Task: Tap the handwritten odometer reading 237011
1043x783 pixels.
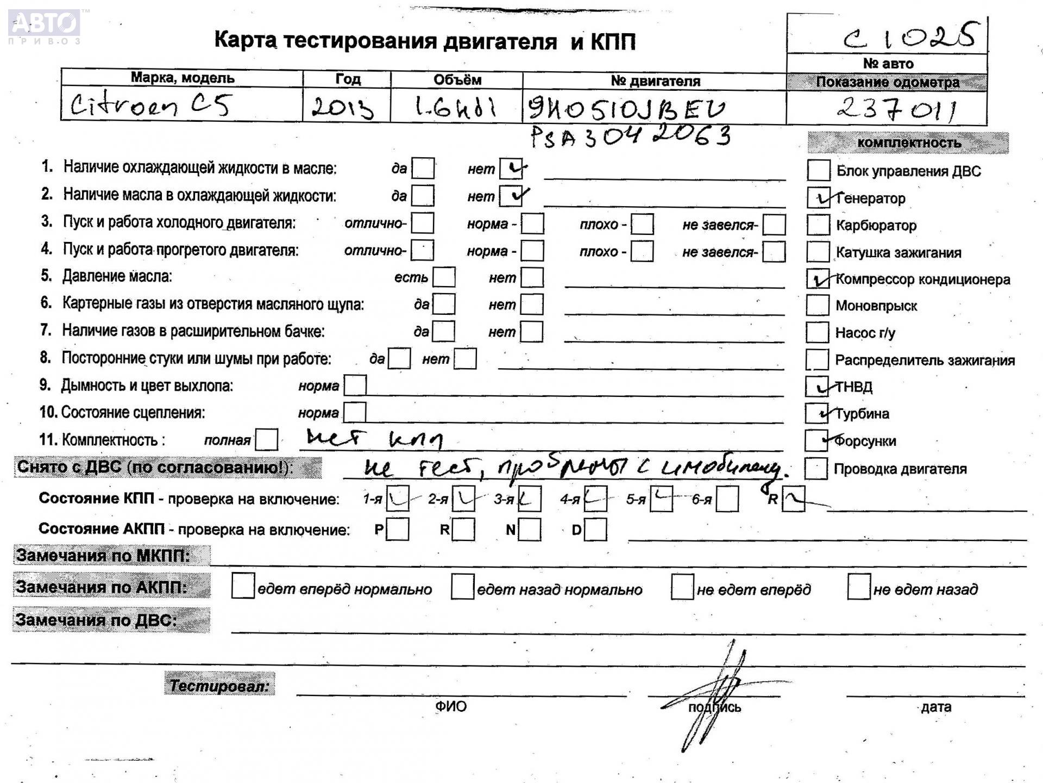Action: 896,109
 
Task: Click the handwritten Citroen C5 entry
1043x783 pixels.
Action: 151,104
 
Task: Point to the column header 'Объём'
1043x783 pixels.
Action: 457,80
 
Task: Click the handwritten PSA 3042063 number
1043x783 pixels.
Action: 630,136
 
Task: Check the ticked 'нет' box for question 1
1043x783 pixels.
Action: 511,169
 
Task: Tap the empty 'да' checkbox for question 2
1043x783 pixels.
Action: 423,196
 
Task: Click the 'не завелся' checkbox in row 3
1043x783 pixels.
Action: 774,224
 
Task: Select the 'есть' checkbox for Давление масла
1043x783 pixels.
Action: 444,277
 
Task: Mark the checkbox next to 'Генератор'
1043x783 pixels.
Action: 818,198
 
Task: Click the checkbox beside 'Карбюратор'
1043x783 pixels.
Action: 818,225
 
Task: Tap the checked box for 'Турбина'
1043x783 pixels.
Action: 816,413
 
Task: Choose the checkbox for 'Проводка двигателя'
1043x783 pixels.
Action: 816,468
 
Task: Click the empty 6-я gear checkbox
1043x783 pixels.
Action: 727,499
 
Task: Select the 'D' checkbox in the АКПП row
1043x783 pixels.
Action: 595,530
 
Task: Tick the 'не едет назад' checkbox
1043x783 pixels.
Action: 859,587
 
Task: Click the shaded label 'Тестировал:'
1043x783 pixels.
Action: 219,685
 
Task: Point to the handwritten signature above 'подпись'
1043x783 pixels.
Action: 717,691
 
